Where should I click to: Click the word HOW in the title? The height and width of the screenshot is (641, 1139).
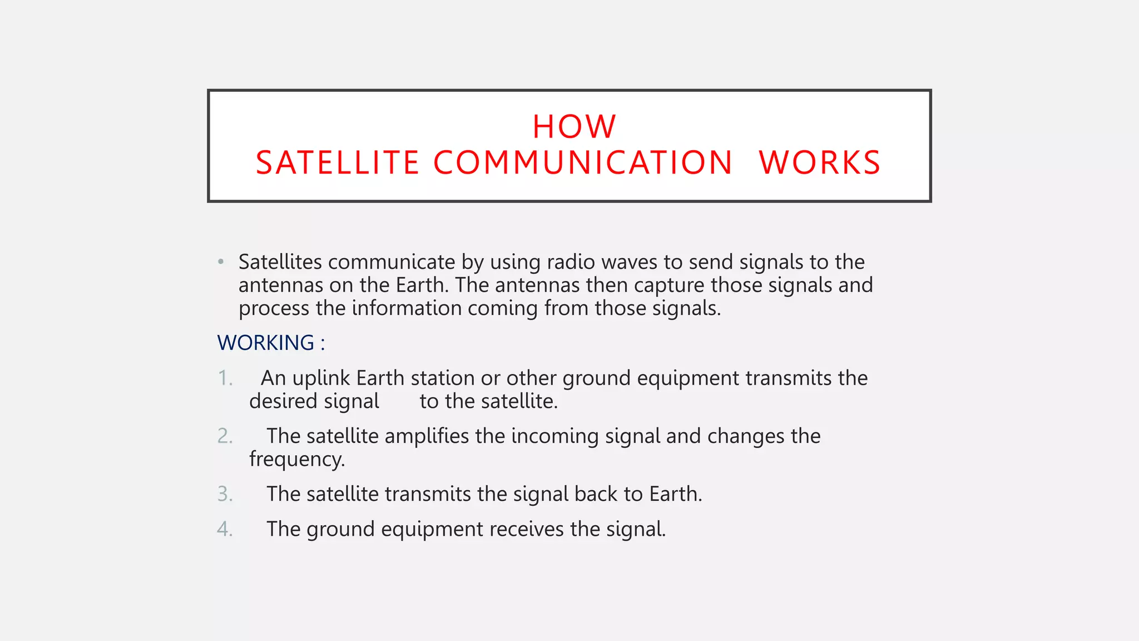pos(574,127)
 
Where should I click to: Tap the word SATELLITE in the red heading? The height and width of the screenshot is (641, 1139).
pos(337,163)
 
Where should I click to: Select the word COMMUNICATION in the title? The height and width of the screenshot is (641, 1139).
pos(582,163)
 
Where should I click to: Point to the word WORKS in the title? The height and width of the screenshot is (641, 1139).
pos(820,163)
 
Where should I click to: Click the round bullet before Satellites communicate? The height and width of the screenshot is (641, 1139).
pos(221,262)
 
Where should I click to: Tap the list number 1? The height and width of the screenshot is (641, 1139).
pos(224,378)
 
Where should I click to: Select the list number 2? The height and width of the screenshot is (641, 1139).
pos(224,436)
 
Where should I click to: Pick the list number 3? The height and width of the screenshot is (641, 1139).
pos(224,494)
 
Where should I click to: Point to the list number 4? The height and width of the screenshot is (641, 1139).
pos(224,529)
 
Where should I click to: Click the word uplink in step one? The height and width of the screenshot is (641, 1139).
pos(321,378)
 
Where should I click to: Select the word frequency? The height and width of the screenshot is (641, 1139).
pos(296,460)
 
